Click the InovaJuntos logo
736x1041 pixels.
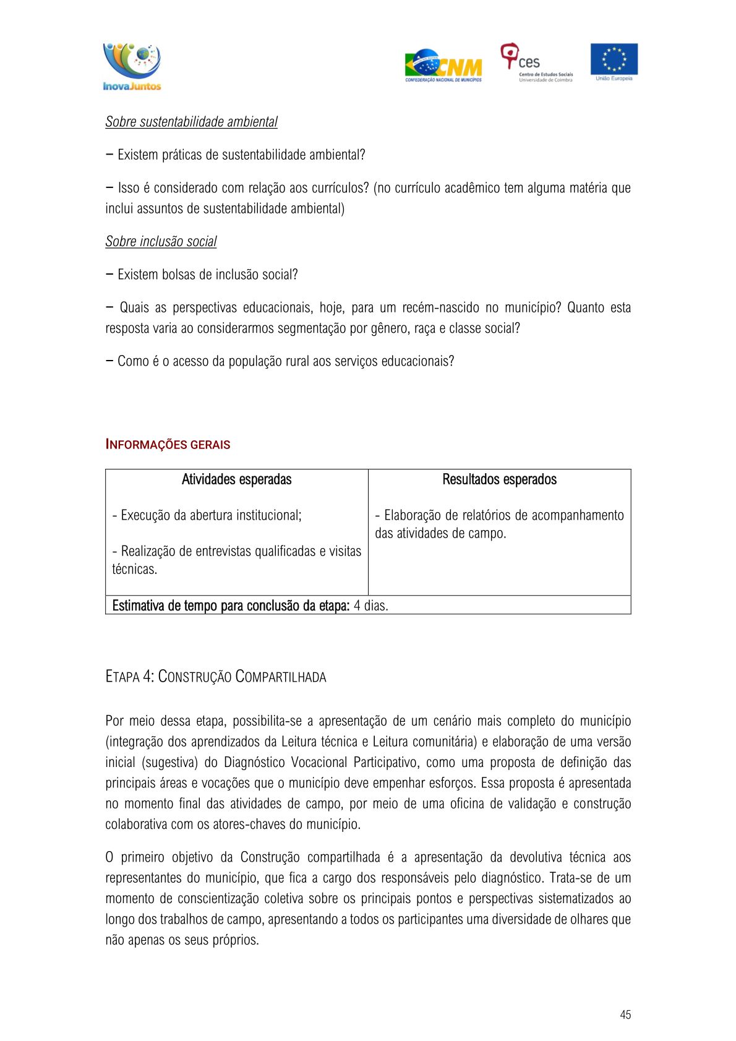tap(132, 66)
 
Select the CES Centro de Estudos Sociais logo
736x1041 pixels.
tap(536, 62)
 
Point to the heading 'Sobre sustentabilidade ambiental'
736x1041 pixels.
tap(191, 122)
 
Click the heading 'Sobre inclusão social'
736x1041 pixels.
tap(161, 242)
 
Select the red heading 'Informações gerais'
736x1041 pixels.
tap(168, 445)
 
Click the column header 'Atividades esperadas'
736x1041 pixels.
tap(236, 479)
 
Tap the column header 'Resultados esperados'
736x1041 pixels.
tap(499, 479)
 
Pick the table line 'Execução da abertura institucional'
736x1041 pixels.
tap(207, 515)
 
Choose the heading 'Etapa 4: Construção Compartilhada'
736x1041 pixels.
tap(215, 677)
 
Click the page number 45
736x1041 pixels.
tap(625, 1014)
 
